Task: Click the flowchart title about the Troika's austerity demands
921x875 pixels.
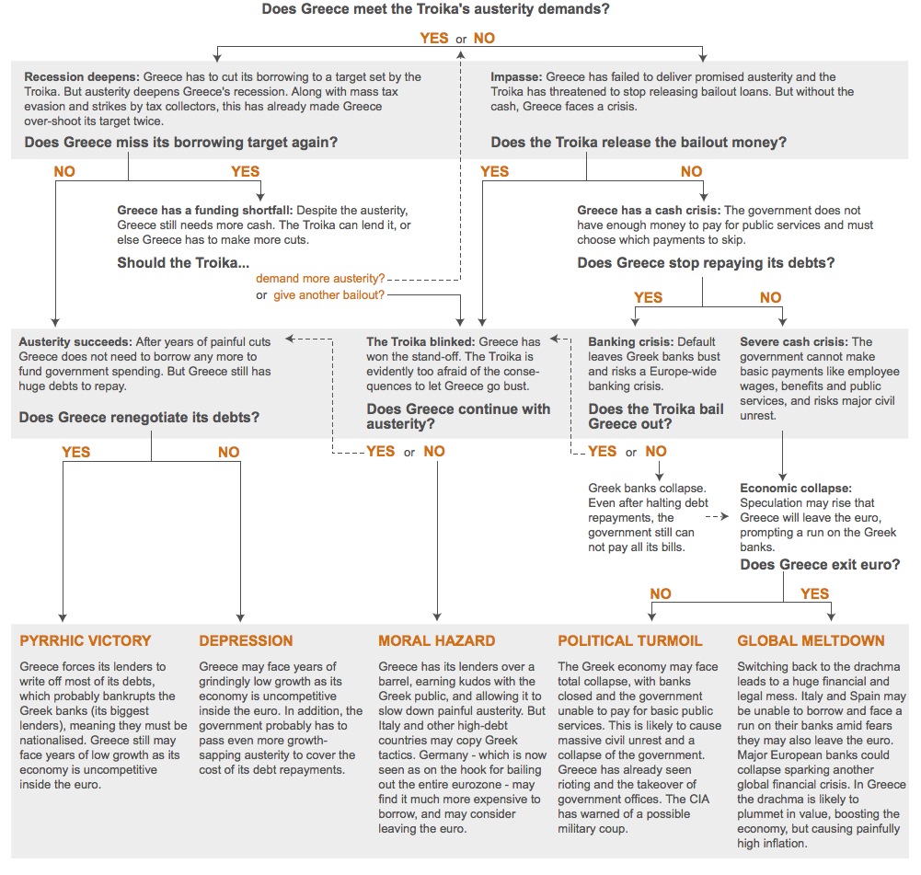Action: click(x=435, y=10)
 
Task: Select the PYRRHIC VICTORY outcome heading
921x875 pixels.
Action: click(x=85, y=640)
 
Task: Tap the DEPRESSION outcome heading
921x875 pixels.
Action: click(x=246, y=640)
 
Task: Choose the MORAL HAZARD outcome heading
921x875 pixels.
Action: click(x=436, y=640)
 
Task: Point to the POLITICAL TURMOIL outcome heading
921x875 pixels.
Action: click(x=629, y=640)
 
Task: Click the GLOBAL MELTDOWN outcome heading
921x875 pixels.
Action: click(x=811, y=640)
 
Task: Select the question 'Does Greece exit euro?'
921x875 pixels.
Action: click(x=820, y=565)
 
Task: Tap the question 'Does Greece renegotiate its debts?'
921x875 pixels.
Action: click(x=139, y=418)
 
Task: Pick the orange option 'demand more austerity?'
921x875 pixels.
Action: click(x=320, y=278)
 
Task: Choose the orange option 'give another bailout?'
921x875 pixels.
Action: click(x=328, y=295)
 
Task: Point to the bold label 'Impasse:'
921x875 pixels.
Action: click(x=516, y=77)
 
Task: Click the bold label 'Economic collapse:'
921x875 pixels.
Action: click(x=796, y=488)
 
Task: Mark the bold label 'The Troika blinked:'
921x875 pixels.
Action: click(x=420, y=342)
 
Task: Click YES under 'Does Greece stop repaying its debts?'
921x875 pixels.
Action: click(x=649, y=297)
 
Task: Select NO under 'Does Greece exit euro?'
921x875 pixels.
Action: click(x=661, y=593)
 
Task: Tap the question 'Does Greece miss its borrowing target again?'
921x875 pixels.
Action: click(x=180, y=143)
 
